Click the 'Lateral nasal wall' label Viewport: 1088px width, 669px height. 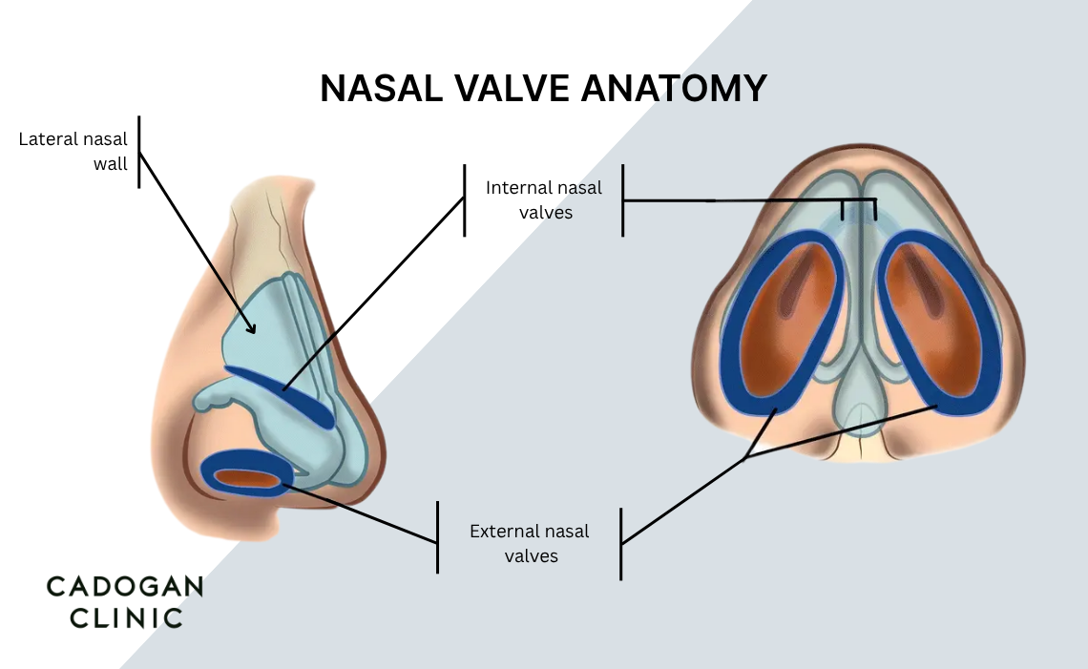click(73, 152)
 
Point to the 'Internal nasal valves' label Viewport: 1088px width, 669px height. click(544, 200)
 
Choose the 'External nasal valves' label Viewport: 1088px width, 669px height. click(530, 543)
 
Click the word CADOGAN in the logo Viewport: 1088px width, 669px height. click(125, 587)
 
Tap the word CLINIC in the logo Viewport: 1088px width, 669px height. click(115, 617)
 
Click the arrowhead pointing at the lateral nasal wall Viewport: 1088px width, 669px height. click(253, 328)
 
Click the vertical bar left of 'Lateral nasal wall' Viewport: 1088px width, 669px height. click(139, 152)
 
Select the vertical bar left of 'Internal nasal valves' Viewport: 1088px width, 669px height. click(465, 200)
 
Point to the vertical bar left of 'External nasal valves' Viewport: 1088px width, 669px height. click(438, 537)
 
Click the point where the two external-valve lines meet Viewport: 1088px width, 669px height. click(745, 458)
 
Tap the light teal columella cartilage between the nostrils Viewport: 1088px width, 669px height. click(862, 391)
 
